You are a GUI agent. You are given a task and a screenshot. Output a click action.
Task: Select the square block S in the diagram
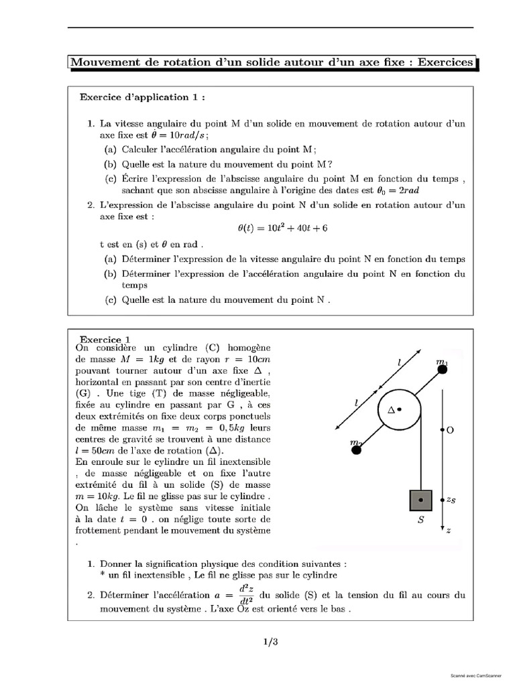click(420, 500)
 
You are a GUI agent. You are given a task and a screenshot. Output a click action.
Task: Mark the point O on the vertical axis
click(443, 430)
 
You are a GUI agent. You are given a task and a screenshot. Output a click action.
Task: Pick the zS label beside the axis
click(452, 500)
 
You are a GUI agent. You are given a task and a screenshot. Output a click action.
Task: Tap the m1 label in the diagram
click(442, 362)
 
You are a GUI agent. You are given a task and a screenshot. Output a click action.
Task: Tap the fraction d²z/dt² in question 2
click(247, 595)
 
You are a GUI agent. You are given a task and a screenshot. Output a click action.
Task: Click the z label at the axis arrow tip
click(449, 531)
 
